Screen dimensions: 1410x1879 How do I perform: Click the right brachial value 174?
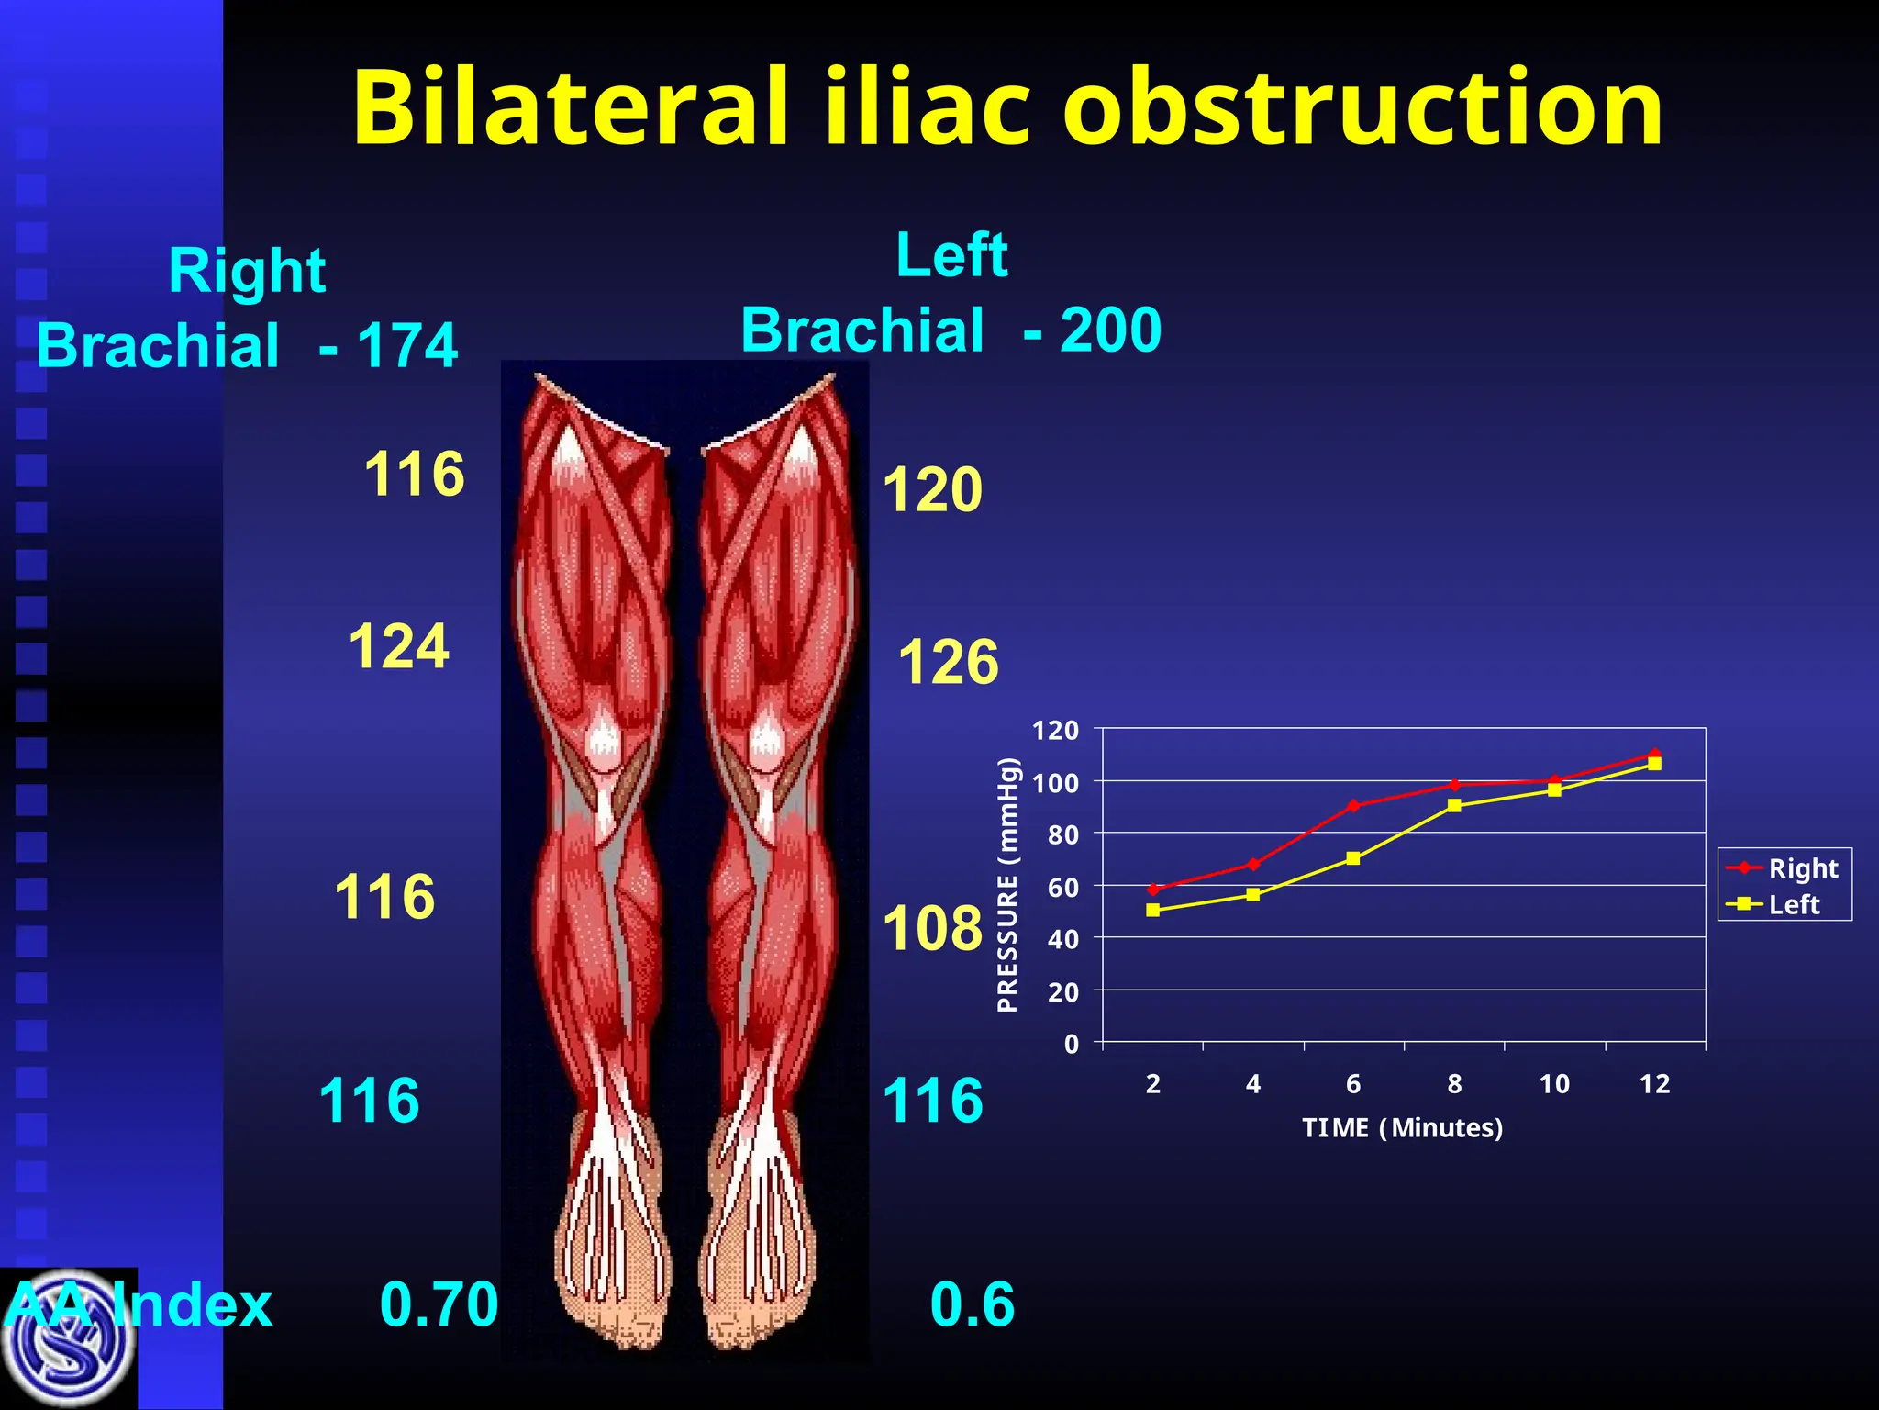(406, 346)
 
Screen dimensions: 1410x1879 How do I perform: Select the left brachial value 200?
(1110, 330)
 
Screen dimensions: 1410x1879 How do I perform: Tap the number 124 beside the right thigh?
(398, 646)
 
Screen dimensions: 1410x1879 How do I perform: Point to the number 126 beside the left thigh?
(948, 662)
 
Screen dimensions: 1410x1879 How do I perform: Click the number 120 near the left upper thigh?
(932, 489)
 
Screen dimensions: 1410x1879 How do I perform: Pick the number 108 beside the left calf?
(932, 928)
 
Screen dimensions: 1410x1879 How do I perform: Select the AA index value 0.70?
(439, 1304)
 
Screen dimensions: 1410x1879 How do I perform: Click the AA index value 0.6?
(972, 1304)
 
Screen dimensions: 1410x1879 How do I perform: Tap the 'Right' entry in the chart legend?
(1803, 867)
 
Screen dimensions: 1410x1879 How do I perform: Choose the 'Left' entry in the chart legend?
(1794, 904)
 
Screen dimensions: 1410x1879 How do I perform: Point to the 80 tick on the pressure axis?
(1062, 835)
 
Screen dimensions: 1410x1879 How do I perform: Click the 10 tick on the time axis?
(1554, 1084)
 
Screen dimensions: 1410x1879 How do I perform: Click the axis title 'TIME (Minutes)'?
(1402, 1127)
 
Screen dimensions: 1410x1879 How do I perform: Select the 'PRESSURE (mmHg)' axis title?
(1007, 885)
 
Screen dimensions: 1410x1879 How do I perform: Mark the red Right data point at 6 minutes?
(1353, 805)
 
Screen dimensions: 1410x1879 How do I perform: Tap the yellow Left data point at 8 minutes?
(1454, 805)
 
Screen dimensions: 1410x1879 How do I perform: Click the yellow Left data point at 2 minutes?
(1153, 910)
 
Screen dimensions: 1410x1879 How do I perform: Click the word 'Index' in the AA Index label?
(193, 1304)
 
